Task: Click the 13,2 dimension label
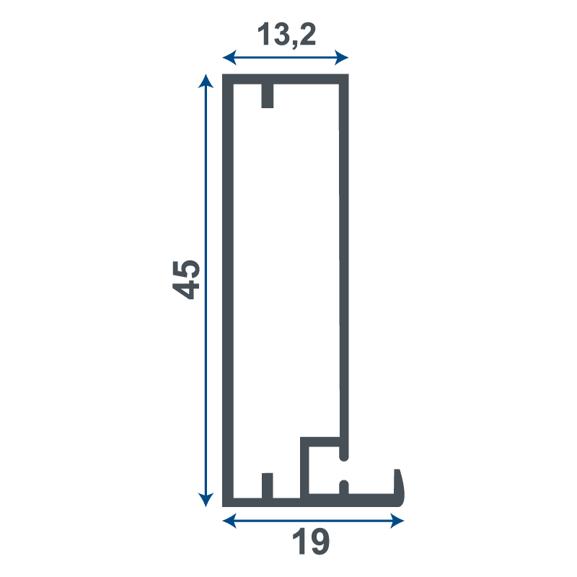click(x=286, y=35)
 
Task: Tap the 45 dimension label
click(x=186, y=279)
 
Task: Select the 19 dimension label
click(x=311, y=541)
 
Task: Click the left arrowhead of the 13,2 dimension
click(x=229, y=58)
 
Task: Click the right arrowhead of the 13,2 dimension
click(x=341, y=58)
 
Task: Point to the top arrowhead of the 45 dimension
click(x=206, y=81)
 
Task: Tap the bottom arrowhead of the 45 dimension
click(x=206, y=500)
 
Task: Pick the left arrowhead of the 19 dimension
click(x=229, y=521)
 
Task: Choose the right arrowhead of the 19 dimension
click(x=397, y=521)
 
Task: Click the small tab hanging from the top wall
click(x=268, y=96)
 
